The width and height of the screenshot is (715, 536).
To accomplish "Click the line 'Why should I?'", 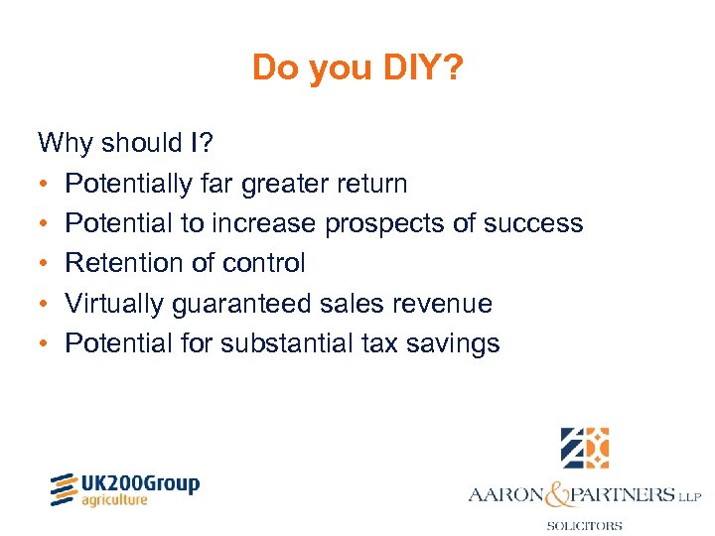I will point(123,144).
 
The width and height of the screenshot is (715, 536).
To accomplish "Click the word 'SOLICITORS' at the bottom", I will point(585,526).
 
